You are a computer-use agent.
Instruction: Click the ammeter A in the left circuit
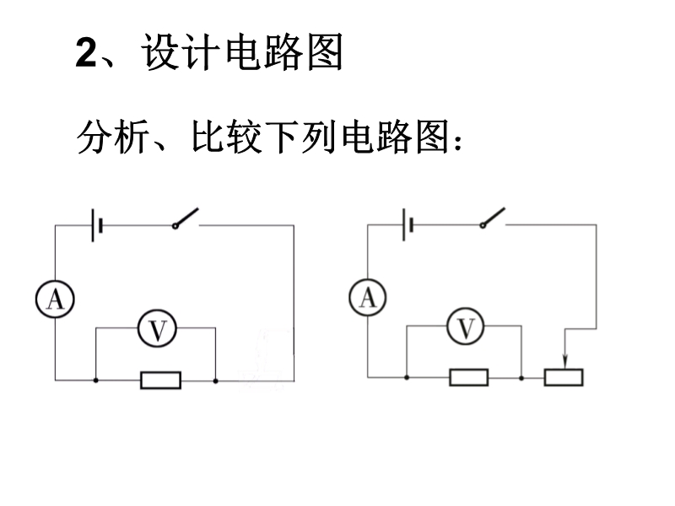[55, 299]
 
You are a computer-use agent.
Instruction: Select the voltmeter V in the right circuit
[466, 327]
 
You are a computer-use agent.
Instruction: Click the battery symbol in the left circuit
[97, 225]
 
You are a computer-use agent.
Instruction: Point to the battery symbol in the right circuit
[408, 224]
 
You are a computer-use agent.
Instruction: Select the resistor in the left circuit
[160, 380]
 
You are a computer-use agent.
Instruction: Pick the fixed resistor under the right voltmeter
[468, 377]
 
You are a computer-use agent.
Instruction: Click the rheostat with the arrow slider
[564, 377]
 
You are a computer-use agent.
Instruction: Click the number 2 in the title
[88, 55]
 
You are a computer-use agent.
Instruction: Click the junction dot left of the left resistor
[95, 380]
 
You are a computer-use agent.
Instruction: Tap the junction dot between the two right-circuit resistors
[522, 377]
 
